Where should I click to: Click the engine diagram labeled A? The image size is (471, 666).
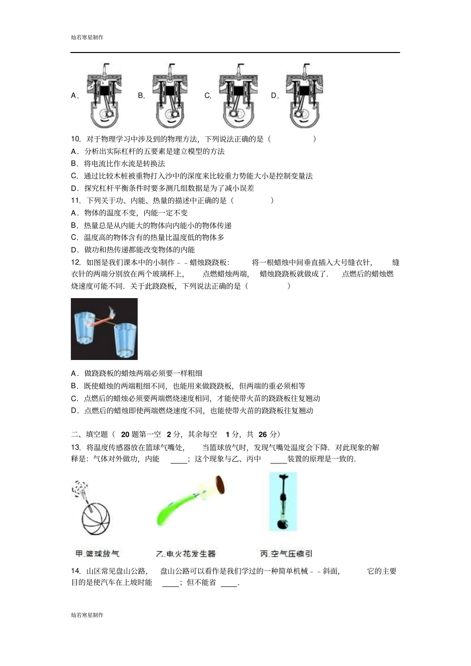point(104,96)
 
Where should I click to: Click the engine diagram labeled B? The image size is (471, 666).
point(170,96)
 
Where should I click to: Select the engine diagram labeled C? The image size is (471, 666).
point(237,96)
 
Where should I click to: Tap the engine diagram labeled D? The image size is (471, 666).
point(304,96)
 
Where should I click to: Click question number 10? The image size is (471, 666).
point(76,139)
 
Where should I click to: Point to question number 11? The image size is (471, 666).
point(76,201)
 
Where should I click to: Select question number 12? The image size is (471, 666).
point(76,262)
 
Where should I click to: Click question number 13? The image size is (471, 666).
point(76,448)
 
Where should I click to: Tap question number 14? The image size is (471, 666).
point(76,571)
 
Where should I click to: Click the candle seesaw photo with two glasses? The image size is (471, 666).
point(104,329)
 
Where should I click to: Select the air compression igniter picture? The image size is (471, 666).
point(283,502)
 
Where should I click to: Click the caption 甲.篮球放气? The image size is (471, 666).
point(97,554)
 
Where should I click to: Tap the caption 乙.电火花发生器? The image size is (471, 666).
point(186,554)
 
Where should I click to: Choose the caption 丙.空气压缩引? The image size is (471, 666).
point(286,554)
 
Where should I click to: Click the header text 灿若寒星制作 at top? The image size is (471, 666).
point(87,37)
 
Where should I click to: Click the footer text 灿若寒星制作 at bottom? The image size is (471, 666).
point(87,615)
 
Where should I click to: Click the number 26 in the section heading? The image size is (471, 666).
point(263,434)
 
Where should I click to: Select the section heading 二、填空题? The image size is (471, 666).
point(90,434)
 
